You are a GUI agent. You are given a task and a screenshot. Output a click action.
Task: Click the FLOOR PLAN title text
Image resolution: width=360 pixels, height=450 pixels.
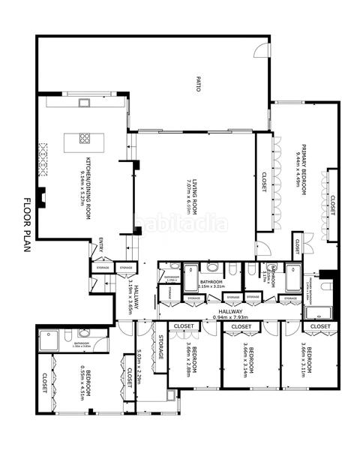(27, 226)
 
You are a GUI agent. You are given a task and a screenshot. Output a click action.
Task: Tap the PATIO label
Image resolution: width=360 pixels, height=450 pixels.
(199, 83)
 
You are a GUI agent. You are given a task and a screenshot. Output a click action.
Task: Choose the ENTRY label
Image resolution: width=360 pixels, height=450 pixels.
(101, 245)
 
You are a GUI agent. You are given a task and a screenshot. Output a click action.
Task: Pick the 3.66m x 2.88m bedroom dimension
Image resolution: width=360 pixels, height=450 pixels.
(187, 361)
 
